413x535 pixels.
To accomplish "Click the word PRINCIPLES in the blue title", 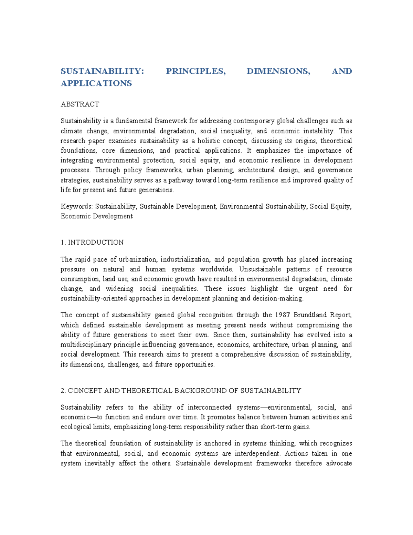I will point(195,71).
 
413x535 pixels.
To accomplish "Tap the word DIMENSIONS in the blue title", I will point(278,71).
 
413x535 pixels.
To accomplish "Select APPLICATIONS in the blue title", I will point(96,83).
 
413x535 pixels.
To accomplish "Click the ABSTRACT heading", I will point(80,104).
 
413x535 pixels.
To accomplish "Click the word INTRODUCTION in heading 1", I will point(96,242).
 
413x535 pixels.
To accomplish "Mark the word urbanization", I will point(138,259).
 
